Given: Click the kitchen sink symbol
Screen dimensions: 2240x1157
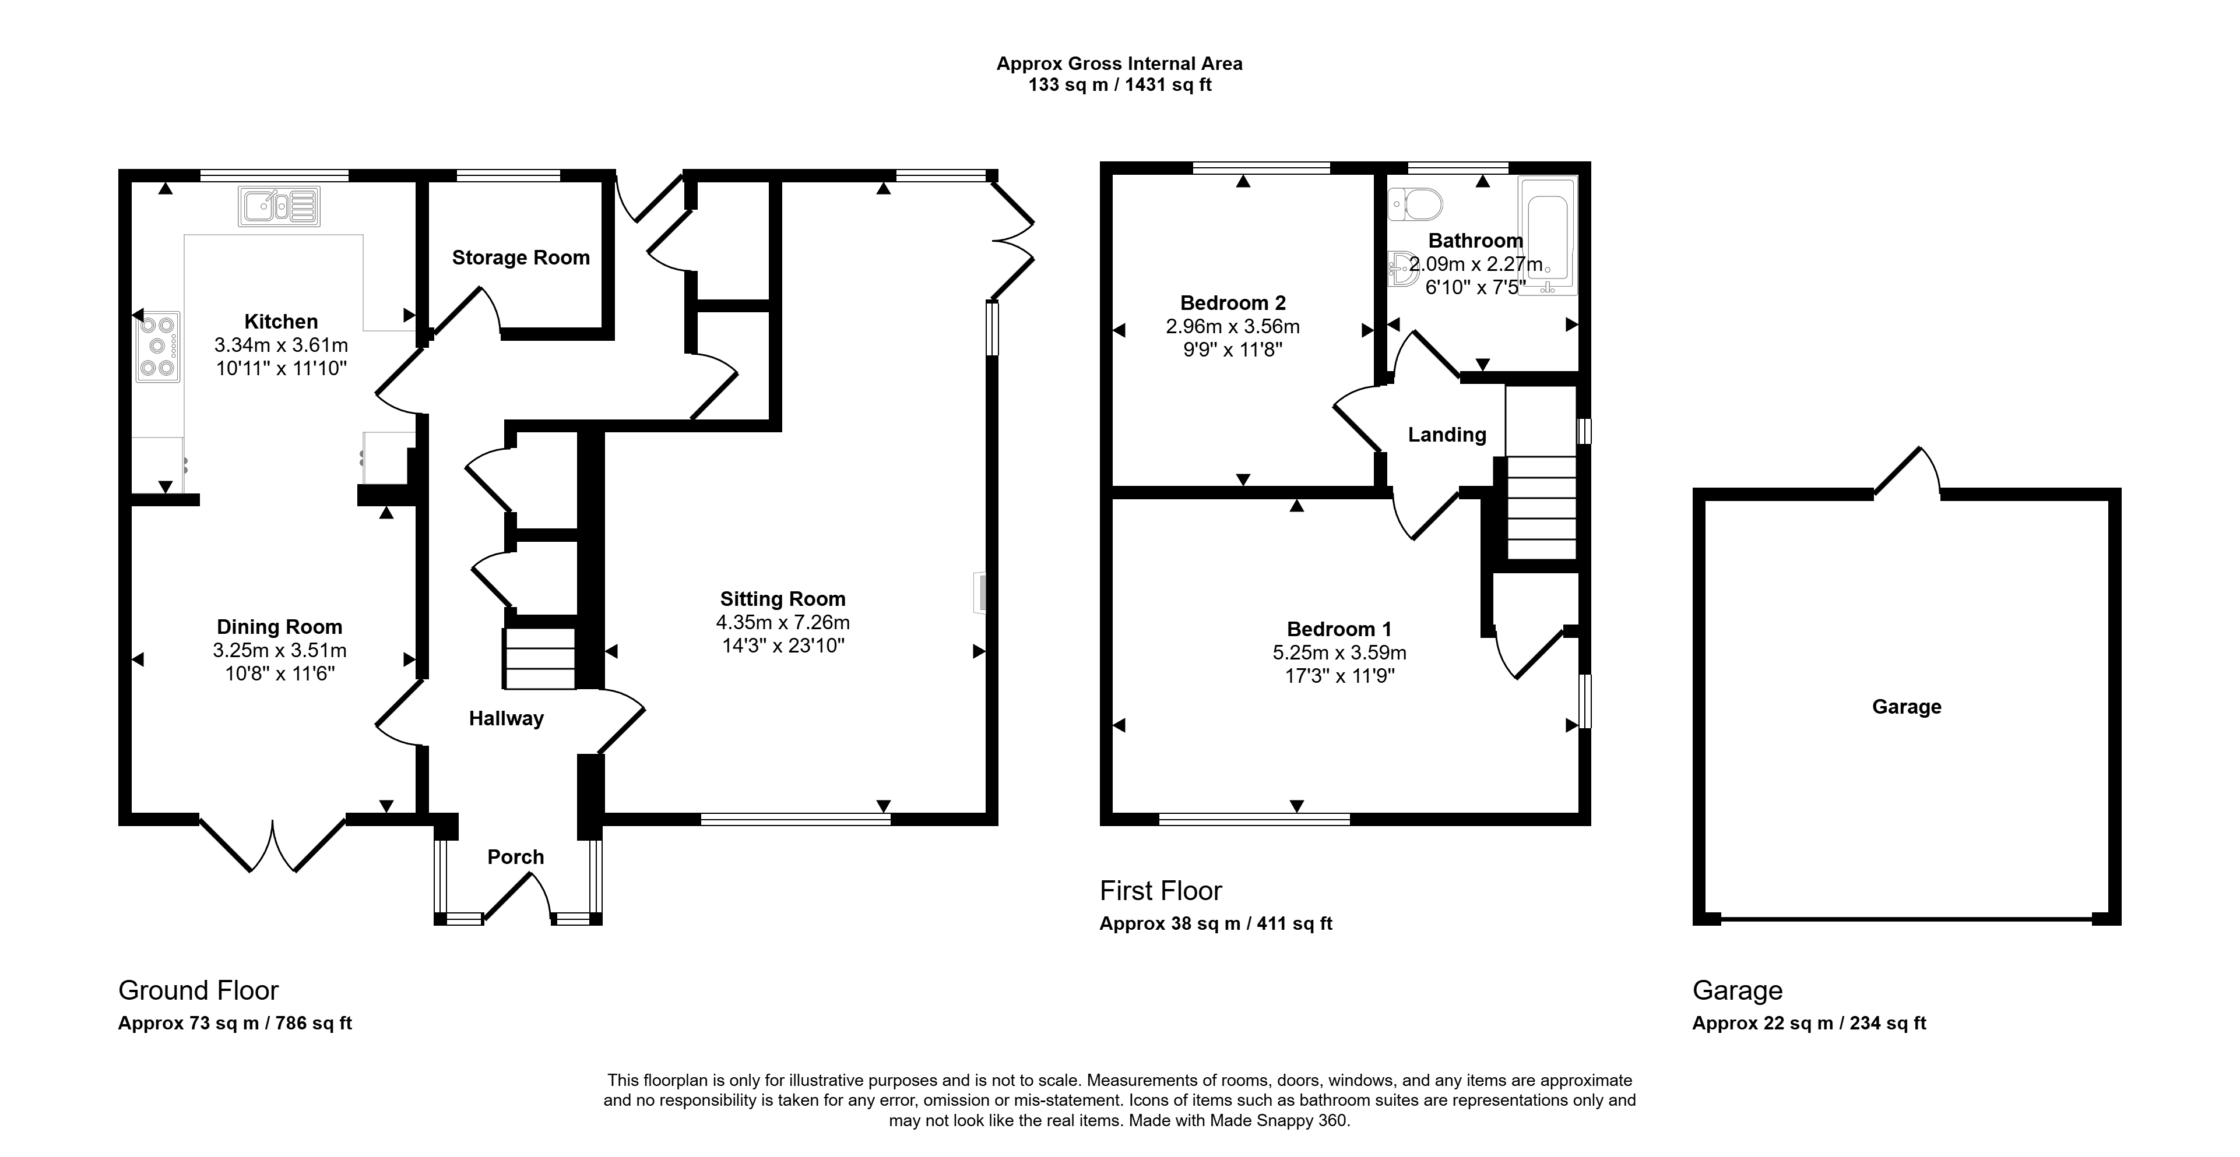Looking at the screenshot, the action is (x=279, y=206).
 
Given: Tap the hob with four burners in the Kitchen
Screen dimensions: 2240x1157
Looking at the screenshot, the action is (x=159, y=347).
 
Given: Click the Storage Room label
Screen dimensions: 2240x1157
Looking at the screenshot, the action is (x=521, y=257).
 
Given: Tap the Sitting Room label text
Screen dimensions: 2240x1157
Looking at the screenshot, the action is (x=783, y=599).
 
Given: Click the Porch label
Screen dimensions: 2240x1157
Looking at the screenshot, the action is (x=516, y=857).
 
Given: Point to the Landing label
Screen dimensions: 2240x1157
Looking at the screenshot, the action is (x=1447, y=435).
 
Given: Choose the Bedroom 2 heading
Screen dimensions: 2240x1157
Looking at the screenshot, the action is (x=1233, y=304).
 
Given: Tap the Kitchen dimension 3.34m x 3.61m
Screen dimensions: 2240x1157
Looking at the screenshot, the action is (x=282, y=345).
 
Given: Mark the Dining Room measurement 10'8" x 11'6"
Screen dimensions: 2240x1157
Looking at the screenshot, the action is (x=280, y=673).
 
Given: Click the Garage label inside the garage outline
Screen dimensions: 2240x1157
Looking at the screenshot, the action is (x=1907, y=707).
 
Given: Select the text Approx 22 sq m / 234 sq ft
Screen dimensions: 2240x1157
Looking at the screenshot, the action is (x=1810, y=1023).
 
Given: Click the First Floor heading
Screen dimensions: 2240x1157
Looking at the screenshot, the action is (x=1161, y=891).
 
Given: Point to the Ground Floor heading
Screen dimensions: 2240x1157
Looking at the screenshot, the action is (x=198, y=990).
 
